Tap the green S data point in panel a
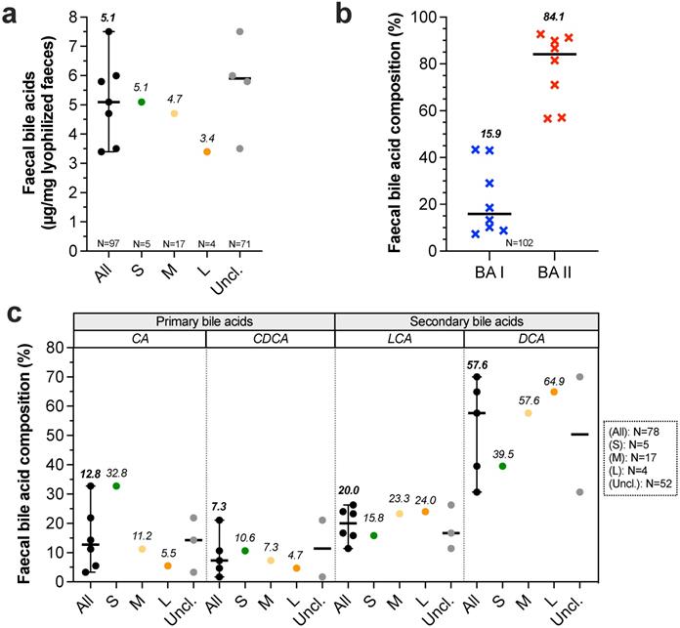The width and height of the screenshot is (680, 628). point(142,102)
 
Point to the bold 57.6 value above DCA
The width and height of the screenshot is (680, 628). point(478,365)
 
